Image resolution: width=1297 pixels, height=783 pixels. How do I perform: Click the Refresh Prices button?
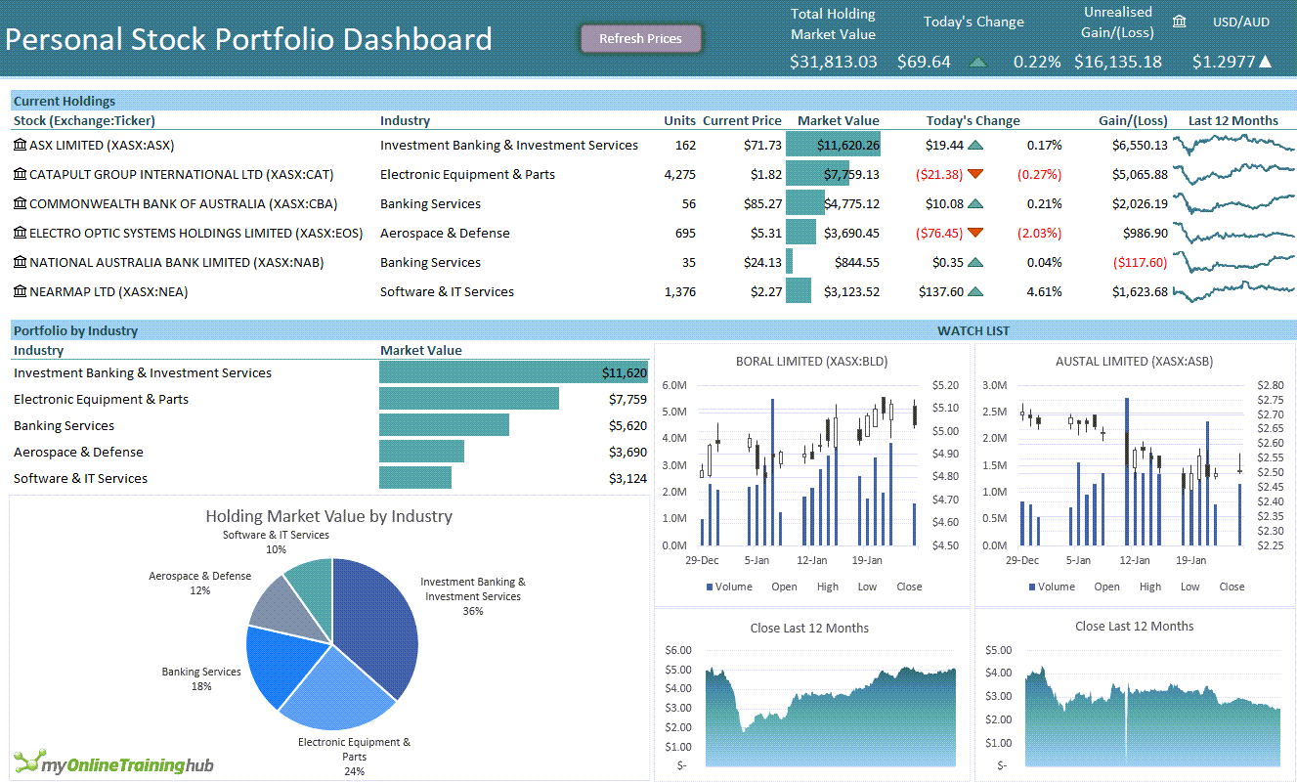[x=640, y=39]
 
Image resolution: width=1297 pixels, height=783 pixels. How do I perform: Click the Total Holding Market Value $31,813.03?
[x=833, y=62]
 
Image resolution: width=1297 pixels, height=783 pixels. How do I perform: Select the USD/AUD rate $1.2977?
[x=1223, y=62]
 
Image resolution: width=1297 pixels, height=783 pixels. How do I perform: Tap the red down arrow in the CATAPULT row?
[x=974, y=174]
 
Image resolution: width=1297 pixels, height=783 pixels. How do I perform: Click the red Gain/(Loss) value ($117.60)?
[x=1140, y=262]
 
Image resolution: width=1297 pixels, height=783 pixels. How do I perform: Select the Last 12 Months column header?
[x=1232, y=120]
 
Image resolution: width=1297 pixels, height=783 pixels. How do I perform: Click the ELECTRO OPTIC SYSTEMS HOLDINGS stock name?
[x=195, y=233]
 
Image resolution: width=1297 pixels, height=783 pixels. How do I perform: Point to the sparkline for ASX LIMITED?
[x=1233, y=146]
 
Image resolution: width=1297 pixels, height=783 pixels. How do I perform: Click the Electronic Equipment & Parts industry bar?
[x=468, y=399]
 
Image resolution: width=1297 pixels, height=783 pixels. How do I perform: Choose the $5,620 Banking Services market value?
[x=627, y=425]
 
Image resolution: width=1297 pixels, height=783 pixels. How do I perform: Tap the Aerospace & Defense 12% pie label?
[x=200, y=583]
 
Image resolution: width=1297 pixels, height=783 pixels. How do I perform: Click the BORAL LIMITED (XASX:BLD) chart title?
[x=811, y=361]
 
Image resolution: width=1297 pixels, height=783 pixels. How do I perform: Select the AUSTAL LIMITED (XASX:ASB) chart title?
[x=1134, y=361]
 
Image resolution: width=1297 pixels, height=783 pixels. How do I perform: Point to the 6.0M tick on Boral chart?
[x=674, y=385]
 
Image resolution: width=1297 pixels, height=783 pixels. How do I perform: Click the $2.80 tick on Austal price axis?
[x=1270, y=385]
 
